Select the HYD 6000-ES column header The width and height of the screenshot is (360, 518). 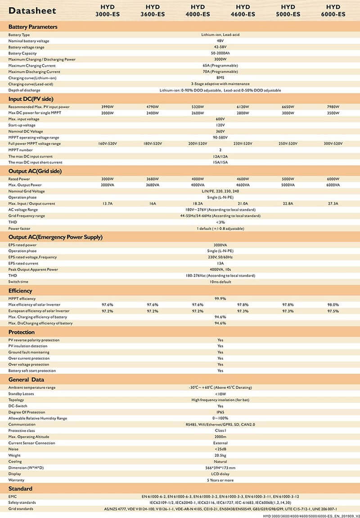[x=333, y=10]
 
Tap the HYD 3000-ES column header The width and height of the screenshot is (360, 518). [x=108, y=10]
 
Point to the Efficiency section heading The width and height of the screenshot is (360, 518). [x=20, y=291]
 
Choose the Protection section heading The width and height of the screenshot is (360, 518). [x=22, y=332]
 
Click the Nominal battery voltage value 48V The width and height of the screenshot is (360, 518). [x=220, y=41]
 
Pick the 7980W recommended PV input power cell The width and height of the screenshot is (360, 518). [x=333, y=107]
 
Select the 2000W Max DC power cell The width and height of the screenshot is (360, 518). [x=108, y=113]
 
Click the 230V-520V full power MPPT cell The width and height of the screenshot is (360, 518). [x=243, y=144]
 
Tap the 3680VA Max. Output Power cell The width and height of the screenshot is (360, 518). [x=153, y=185]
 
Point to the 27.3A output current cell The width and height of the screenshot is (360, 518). [x=333, y=203]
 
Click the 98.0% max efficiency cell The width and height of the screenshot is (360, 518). [x=333, y=305]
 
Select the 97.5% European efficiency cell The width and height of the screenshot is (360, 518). [x=333, y=311]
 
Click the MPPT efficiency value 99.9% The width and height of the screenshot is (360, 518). [x=220, y=298]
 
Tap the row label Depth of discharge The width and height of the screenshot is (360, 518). [x=24, y=90]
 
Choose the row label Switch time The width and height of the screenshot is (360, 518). [x=18, y=282]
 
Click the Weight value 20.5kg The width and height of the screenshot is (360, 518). [x=220, y=455]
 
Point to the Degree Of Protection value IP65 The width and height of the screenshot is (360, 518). [x=220, y=412]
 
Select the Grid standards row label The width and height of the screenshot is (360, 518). [x=22, y=509]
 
